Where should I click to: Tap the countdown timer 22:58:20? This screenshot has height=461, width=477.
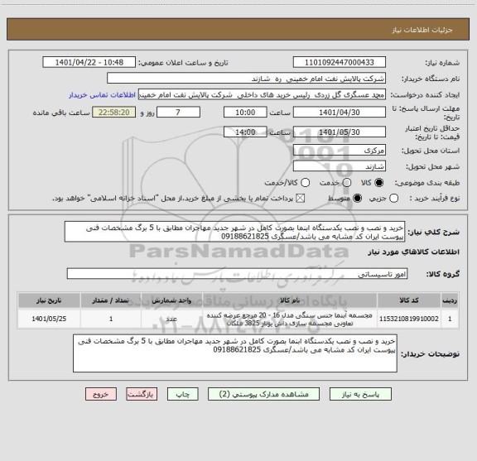(108, 111)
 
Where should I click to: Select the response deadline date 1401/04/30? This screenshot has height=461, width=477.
(340, 111)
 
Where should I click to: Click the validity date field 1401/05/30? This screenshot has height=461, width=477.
(340, 132)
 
